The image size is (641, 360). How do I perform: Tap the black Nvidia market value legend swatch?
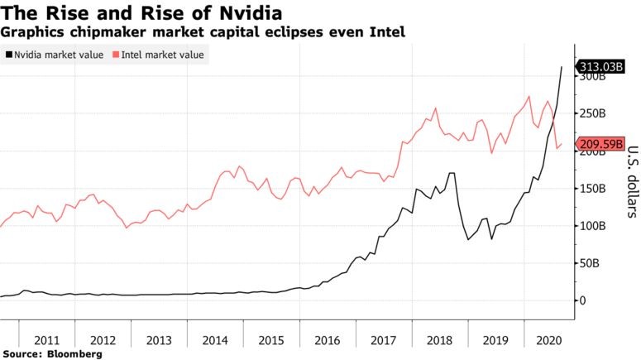click(x=8, y=55)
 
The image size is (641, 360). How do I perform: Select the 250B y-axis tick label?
click(x=592, y=114)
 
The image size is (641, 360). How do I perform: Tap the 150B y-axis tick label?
click(x=592, y=189)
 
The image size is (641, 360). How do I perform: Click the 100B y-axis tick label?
click(x=592, y=226)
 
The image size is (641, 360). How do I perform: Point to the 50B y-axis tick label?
click(x=590, y=263)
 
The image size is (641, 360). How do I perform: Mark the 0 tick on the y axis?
click(x=582, y=300)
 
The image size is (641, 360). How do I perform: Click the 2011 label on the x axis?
click(x=46, y=339)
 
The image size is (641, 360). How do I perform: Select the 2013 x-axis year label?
click(x=159, y=339)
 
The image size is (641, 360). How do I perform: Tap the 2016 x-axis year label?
click(x=328, y=339)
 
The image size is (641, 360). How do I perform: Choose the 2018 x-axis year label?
click(x=440, y=339)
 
